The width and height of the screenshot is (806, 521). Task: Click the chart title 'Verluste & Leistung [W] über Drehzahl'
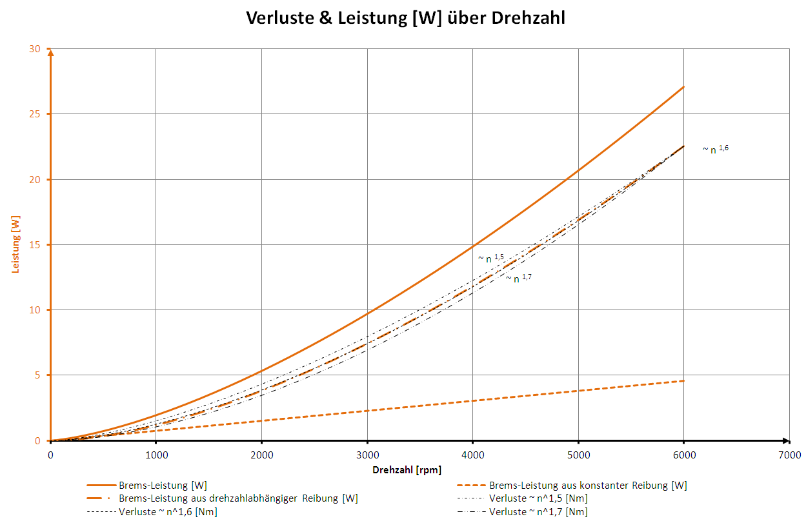tap(405, 17)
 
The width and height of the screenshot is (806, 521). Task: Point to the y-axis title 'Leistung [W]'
tap(16, 245)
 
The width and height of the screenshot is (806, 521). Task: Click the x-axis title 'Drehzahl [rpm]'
tap(407, 469)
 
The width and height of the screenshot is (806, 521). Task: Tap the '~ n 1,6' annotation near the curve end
tap(716, 149)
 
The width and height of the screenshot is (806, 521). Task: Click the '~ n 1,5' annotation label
tap(491, 258)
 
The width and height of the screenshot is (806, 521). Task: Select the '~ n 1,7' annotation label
tap(519, 278)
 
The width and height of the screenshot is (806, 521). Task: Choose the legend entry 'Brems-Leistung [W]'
tap(163, 485)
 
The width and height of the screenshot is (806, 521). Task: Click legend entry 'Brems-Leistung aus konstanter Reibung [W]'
tap(588, 485)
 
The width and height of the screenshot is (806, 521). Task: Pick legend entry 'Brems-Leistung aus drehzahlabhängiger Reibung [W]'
tap(238, 498)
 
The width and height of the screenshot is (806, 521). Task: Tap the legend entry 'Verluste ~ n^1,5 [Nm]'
tap(538, 498)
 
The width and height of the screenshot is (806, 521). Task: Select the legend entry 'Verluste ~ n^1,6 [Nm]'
tap(167, 512)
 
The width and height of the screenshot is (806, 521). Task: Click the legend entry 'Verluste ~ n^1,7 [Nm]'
tap(538, 512)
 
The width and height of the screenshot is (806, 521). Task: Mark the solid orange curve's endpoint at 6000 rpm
tap(683, 86)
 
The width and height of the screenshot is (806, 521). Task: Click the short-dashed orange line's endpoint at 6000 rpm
tap(683, 380)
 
